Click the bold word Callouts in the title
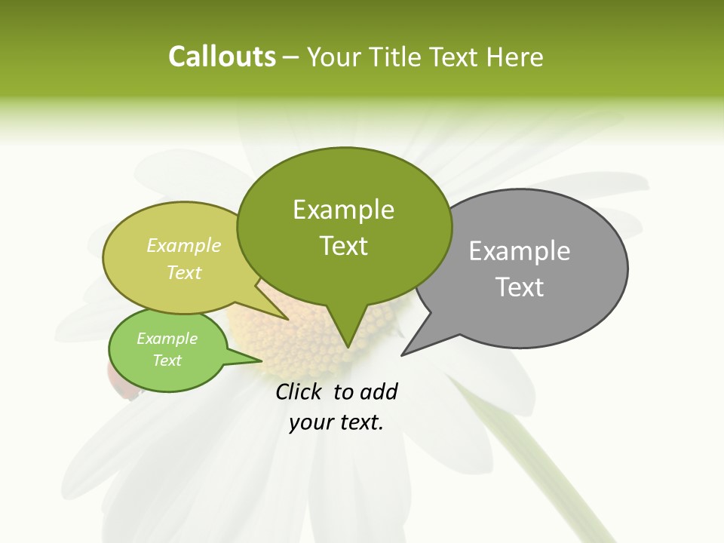pos(222,57)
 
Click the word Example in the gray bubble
pos(520,251)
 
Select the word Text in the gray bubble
pos(520,287)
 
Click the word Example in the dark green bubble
pos(343,210)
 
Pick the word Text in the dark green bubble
pos(343,246)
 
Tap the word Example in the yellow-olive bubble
pos(184,245)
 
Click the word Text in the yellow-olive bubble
pos(184,272)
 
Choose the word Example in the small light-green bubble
pos(167,339)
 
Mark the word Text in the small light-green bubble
pos(167,360)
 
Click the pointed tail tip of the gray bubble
pos(403,354)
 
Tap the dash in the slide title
pos(291,57)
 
